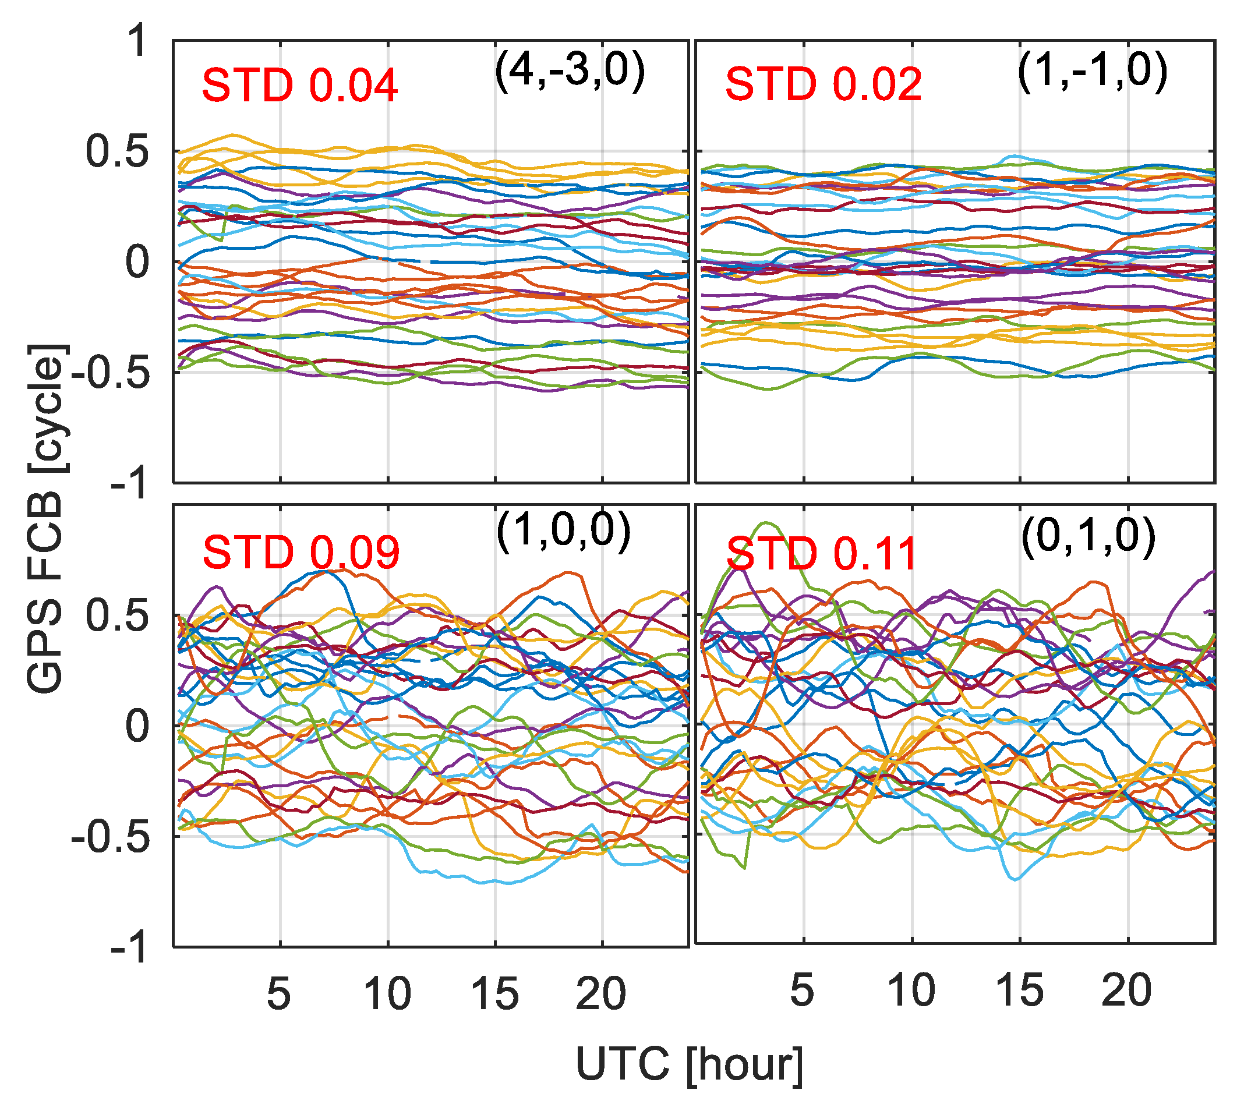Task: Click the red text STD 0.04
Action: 299,86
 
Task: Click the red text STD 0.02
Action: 824,84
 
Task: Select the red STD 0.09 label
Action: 301,553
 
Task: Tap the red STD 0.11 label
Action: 821,554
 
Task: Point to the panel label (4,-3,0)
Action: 570,72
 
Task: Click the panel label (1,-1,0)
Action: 1092,71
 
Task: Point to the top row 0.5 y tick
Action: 117,151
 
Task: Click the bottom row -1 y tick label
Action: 129,947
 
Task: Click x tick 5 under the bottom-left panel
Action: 279,993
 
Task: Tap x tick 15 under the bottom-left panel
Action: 494,993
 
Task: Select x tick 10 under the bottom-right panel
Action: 911,990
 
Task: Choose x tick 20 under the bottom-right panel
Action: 1126,990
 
